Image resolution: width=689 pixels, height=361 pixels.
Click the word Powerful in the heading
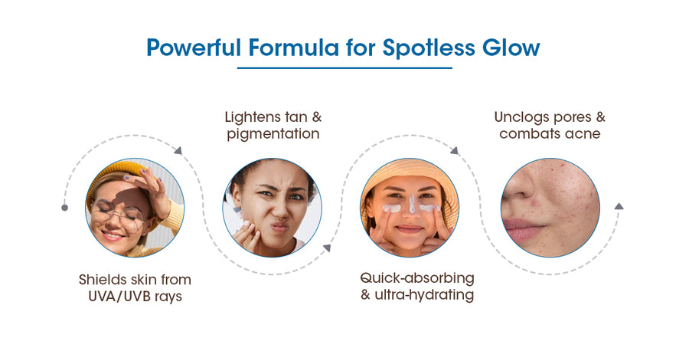coord(194,48)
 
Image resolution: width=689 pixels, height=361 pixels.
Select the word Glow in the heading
coord(511,48)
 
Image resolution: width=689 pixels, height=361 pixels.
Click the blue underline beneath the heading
coord(344,68)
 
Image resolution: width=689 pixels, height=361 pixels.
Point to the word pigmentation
coord(273,134)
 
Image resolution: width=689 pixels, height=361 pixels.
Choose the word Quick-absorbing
coord(417,278)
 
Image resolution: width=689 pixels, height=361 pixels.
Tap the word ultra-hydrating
coord(424,295)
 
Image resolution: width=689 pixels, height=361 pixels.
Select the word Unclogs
coord(521,117)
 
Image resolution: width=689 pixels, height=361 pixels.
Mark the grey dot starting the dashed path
coord(64,208)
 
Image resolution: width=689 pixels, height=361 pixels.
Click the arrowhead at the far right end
coord(619,205)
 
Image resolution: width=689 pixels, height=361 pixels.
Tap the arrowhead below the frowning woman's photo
coord(326,248)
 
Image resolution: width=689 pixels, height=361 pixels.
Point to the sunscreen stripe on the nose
coord(413,204)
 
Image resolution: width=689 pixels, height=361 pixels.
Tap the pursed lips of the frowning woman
coord(279,228)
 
